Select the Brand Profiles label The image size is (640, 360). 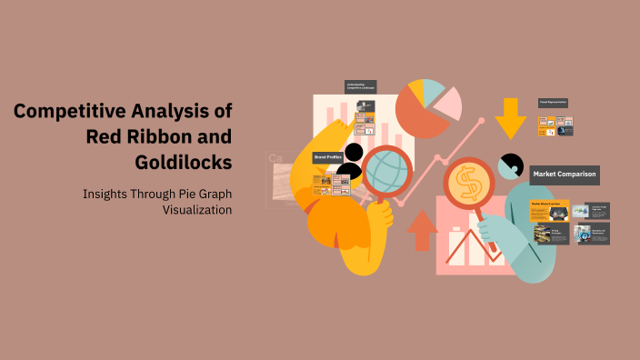pyautogui.click(x=327, y=157)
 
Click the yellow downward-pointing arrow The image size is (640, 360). pyautogui.click(x=510, y=117)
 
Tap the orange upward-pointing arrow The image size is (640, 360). pyautogui.click(x=422, y=230)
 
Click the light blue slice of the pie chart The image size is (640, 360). pyautogui.click(x=434, y=88)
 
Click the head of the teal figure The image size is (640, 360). pyautogui.click(x=510, y=166)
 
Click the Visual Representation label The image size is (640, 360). pyautogui.click(x=554, y=103)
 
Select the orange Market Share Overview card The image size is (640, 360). pyautogui.click(x=549, y=211)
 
